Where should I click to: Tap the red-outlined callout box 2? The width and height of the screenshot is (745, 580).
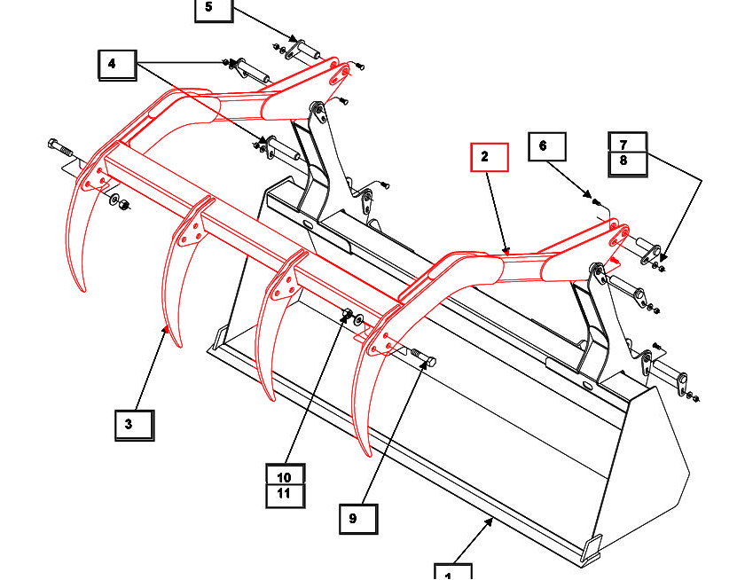pos(489,157)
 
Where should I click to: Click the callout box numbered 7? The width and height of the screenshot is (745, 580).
pos(628,142)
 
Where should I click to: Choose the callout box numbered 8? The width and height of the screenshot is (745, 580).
pos(628,161)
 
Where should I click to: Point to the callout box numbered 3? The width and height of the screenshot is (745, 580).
pos(134,425)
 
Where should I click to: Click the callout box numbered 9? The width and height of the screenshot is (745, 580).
pos(358,519)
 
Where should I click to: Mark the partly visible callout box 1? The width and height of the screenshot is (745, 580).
pos(452,571)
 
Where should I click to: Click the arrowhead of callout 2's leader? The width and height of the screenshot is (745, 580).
pos(506,253)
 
